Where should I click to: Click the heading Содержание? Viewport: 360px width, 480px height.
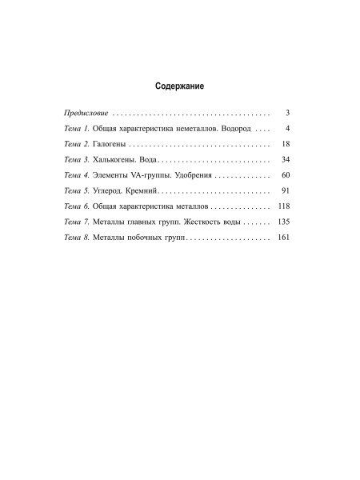180,85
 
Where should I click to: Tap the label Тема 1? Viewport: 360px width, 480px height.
77,129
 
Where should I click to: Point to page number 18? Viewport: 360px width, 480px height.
286,144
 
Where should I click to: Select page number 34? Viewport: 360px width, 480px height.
286,160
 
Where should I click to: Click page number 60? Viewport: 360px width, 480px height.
286,175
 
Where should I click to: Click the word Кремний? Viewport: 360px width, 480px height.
148,191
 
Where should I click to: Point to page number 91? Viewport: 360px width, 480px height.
286,191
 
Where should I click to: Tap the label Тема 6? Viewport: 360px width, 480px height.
77,206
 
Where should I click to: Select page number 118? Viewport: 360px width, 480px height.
283,206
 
